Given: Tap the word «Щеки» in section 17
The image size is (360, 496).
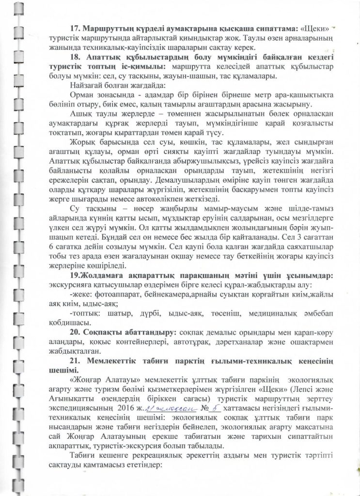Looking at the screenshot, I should click(320, 28).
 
